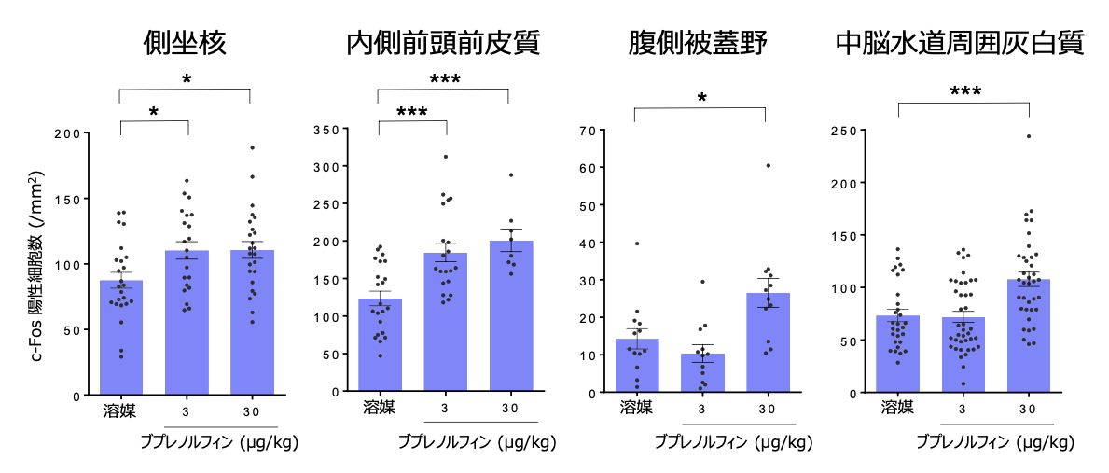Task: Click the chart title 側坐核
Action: click(x=185, y=43)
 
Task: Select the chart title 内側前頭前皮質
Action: click(x=442, y=43)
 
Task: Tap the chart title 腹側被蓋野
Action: click(x=699, y=43)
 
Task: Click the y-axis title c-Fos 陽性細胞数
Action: click(x=37, y=266)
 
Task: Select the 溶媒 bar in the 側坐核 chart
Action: click(x=121, y=338)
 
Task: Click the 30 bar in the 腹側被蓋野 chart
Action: click(x=768, y=343)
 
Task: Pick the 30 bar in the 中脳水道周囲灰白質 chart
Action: click(x=1029, y=336)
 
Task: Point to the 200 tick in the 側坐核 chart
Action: click(x=66, y=133)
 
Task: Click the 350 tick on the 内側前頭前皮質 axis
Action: click(x=325, y=129)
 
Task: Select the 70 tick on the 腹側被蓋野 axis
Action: click(x=588, y=130)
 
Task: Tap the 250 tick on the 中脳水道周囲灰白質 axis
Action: click(x=845, y=130)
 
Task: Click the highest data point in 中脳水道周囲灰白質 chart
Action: click(x=1029, y=136)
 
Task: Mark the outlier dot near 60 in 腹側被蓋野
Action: click(x=769, y=165)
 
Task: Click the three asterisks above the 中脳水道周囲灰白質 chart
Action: click(x=964, y=92)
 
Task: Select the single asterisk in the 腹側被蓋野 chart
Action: click(x=701, y=98)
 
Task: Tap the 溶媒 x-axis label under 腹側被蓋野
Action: click(x=634, y=408)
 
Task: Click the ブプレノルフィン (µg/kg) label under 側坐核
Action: click(x=218, y=440)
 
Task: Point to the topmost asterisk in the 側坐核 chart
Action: click(x=187, y=79)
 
